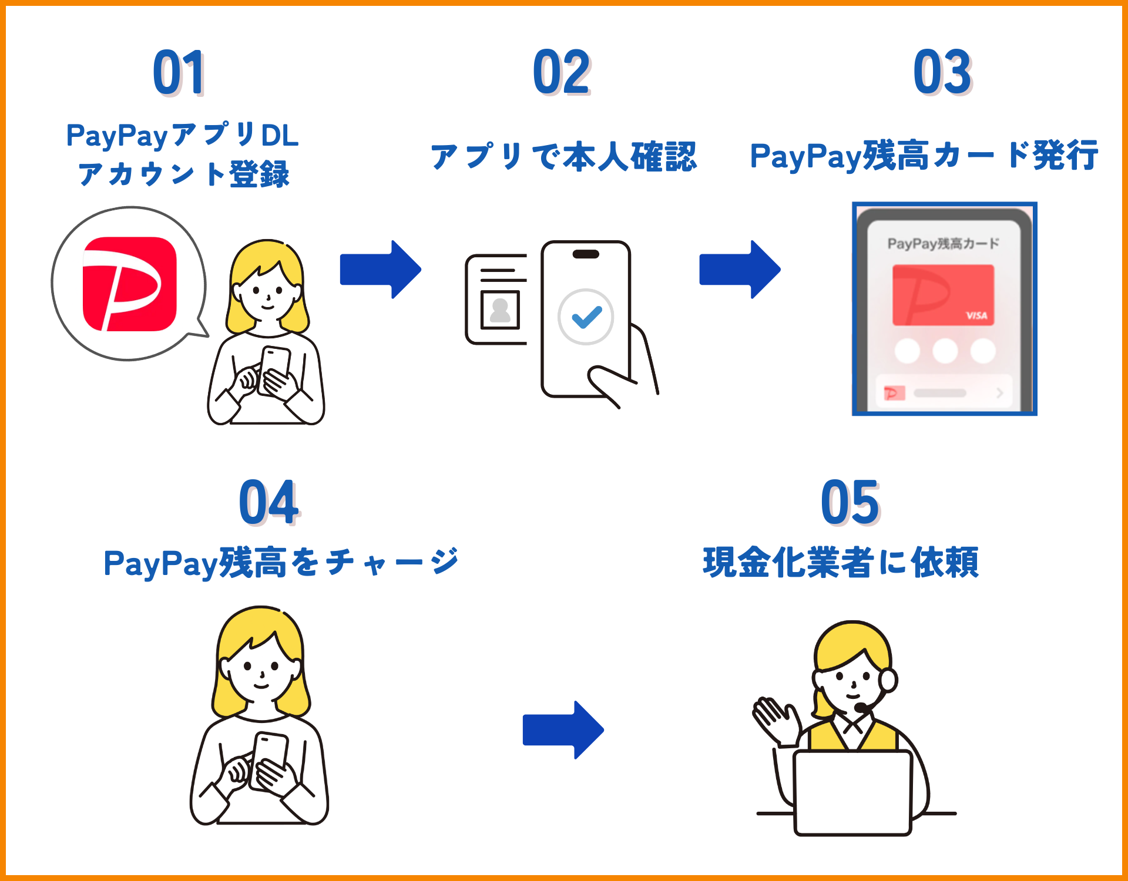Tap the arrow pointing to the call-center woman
click(563, 730)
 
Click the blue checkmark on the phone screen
click(586, 317)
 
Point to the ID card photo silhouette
click(500, 310)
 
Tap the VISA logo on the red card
click(976, 315)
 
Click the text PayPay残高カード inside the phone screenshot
click(943, 243)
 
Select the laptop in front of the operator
click(852, 793)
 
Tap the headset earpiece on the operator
click(888, 681)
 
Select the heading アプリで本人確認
click(563, 157)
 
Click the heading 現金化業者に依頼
click(840, 562)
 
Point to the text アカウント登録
click(183, 174)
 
